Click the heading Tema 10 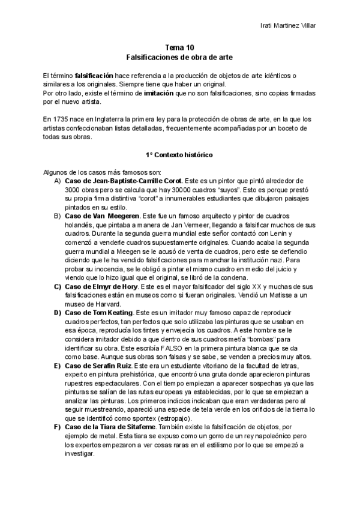(x=179, y=48)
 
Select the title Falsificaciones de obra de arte (x=179, y=58)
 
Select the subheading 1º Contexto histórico (x=179, y=154)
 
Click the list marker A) (x=58, y=181)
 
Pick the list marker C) (x=58, y=287)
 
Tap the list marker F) (x=58, y=427)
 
